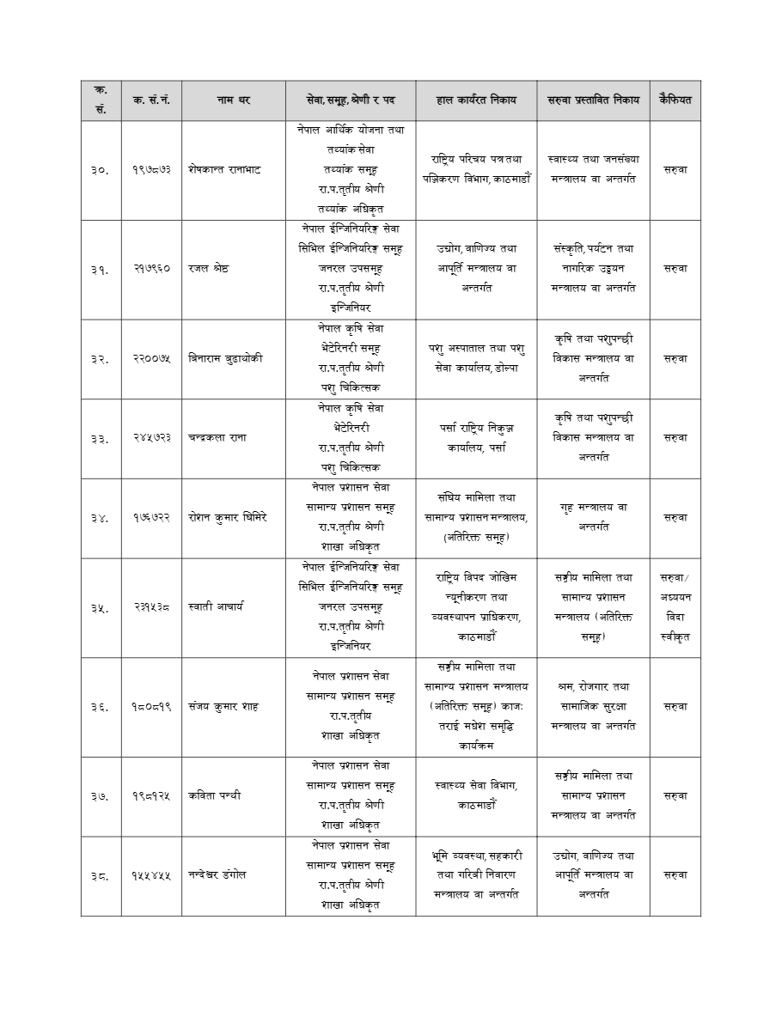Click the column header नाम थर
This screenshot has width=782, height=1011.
tap(233, 100)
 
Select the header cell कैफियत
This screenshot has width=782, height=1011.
tap(675, 100)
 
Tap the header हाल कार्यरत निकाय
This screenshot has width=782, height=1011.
tap(476, 100)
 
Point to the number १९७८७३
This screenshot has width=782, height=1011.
tap(151, 170)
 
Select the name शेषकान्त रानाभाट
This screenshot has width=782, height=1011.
tap(224, 170)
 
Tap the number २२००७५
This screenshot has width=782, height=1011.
tap(151, 359)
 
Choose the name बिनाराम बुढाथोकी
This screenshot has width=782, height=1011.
tap(226, 359)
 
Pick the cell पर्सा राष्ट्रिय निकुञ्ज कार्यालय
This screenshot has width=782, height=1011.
tap(476, 438)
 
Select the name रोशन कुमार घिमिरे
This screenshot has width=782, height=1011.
tap(228, 517)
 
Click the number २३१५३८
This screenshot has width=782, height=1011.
tap(151, 607)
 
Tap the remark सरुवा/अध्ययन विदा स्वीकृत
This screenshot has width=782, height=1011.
tap(675, 607)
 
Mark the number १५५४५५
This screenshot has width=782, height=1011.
tap(151, 875)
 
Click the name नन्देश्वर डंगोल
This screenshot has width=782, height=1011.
tap(217, 875)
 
